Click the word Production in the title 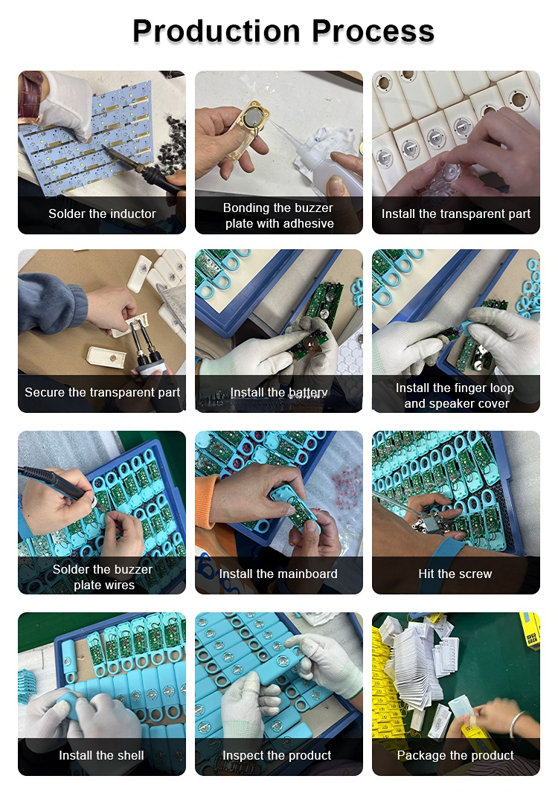point(216,31)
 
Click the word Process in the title point(373,31)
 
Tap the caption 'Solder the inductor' point(102,214)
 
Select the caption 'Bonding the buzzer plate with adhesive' point(279,215)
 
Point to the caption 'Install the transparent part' point(456,214)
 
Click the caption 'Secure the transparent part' point(102,392)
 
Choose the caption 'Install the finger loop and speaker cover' point(455,395)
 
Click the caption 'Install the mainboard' point(278,574)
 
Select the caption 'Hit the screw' point(455,574)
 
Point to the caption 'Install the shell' point(101,755)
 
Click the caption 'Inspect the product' point(277,755)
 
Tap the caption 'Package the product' point(455,755)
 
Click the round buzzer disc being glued point(251,117)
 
